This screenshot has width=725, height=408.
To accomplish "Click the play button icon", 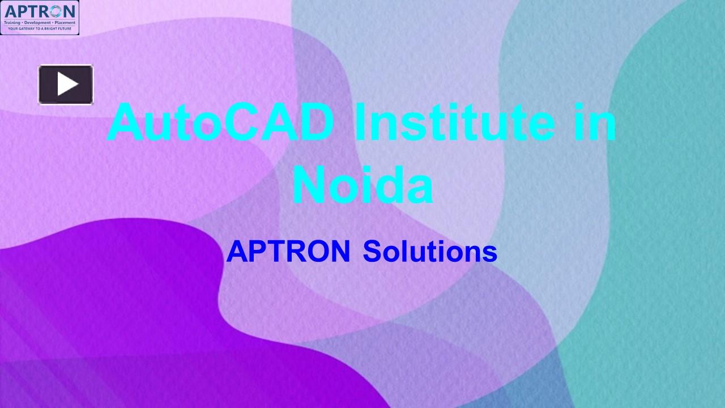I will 66,84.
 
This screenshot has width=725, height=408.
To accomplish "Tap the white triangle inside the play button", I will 67,84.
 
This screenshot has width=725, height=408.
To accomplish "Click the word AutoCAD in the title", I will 221,122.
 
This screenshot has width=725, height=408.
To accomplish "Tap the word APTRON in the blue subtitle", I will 288,252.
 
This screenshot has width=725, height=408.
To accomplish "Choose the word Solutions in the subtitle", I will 430,252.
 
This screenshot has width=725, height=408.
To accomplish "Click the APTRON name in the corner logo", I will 40,11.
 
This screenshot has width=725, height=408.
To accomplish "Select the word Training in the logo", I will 12,23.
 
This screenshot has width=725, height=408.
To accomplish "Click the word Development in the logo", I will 37,23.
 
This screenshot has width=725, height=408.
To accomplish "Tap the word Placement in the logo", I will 65,23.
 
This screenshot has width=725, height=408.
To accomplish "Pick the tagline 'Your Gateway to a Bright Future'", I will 40,28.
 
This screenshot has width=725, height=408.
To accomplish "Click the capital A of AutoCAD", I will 125,122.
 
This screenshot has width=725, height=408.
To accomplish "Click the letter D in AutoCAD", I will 314,122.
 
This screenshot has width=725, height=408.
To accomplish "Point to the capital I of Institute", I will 361,122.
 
